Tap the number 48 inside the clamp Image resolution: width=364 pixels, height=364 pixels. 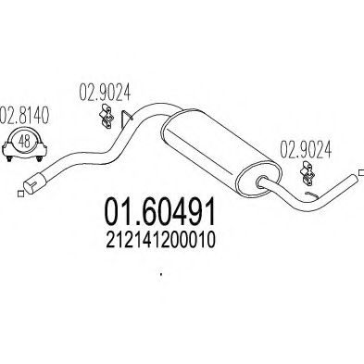click(x=22, y=140)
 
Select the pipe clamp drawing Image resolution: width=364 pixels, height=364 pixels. click(x=22, y=143)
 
